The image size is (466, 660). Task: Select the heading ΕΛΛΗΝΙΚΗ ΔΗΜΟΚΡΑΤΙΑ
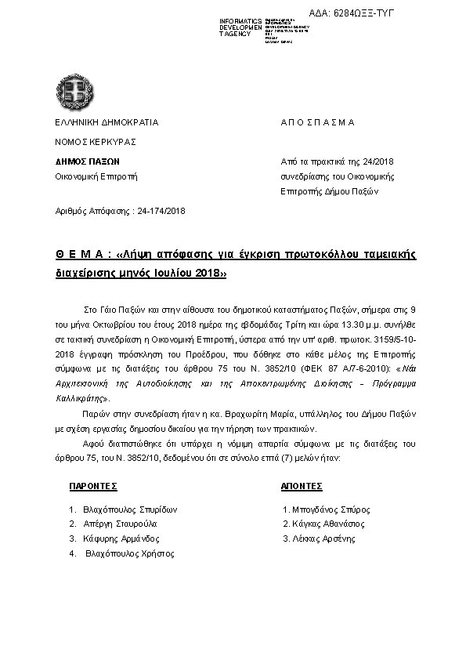[106, 122]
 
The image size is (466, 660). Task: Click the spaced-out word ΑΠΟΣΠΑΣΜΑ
[317, 122]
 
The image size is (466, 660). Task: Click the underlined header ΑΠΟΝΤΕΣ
[302, 486]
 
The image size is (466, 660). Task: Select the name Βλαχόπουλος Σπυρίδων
[130, 509]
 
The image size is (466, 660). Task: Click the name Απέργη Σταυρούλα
[120, 524]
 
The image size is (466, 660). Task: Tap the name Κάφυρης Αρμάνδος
[121, 539]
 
